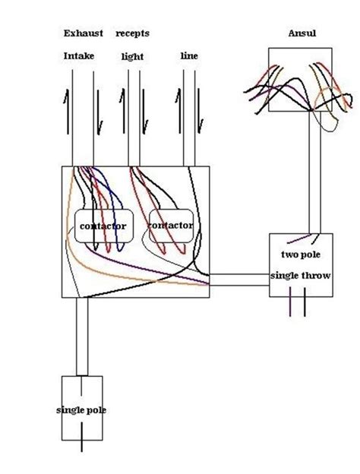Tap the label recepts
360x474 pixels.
click(133, 34)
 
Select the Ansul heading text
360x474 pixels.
click(302, 34)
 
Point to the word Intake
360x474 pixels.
click(79, 56)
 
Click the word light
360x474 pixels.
click(132, 57)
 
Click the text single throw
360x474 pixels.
click(301, 275)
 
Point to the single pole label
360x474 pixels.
click(81, 410)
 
